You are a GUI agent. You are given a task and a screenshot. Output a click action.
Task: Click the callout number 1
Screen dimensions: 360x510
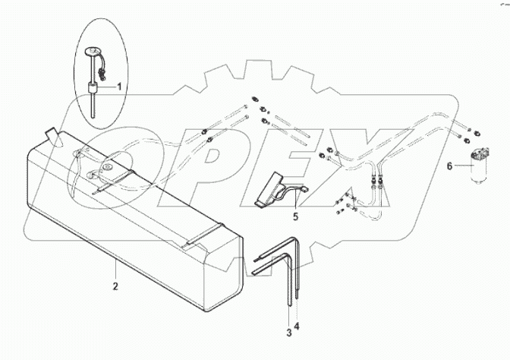pos(118,88)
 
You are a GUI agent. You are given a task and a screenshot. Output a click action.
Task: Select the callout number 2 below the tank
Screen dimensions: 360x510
pos(115,287)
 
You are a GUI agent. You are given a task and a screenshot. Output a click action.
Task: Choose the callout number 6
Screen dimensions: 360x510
pos(449,165)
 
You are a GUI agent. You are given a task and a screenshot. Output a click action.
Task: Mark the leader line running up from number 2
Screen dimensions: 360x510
pos(115,270)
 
